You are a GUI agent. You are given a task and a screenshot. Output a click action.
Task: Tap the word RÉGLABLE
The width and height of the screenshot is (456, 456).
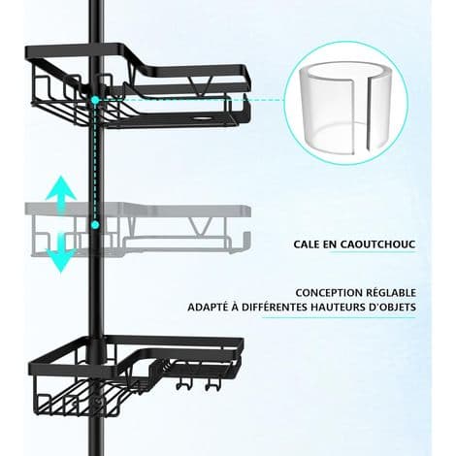tap(391, 292)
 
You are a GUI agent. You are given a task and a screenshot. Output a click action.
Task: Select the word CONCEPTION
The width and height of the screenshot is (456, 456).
tap(329, 293)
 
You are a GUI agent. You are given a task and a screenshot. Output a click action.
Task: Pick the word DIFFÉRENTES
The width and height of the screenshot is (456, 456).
tap(275, 307)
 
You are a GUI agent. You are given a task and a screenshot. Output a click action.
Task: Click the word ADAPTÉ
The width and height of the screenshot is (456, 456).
tap(208, 307)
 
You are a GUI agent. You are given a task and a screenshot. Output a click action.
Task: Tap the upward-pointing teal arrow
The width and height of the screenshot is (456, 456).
tap(61, 193)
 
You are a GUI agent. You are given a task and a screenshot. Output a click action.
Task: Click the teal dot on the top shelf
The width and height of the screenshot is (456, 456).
tap(95, 100)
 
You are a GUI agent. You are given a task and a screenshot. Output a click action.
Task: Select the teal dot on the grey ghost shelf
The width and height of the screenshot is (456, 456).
tap(95, 224)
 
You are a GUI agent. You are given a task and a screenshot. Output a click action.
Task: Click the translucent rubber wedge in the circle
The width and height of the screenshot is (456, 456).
tap(345, 107)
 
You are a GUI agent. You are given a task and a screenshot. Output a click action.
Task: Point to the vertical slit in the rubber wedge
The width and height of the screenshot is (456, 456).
tap(368, 114)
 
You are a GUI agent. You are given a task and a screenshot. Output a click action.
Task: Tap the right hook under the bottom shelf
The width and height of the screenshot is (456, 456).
tap(212, 384)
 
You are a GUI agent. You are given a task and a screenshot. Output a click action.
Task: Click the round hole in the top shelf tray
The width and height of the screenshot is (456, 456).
tap(201, 118)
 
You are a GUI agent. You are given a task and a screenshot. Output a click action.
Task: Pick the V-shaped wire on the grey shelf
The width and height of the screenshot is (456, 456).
tap(201, 226)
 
